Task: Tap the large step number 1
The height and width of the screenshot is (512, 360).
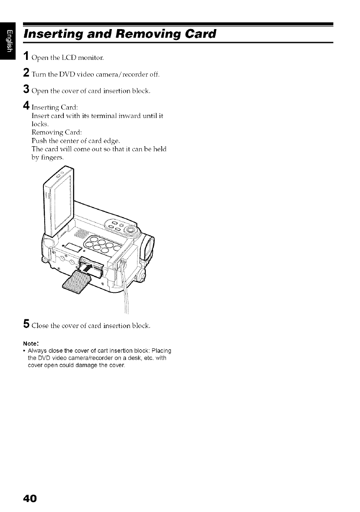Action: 26,56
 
